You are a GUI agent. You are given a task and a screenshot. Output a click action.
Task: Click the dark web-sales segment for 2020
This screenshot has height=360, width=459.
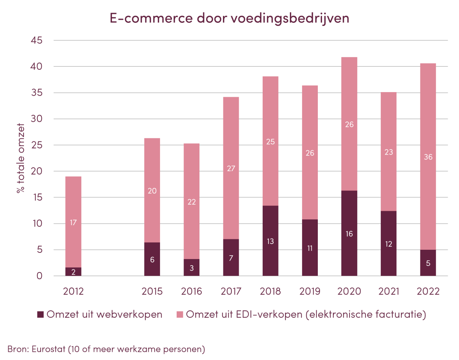[x=349, y=220]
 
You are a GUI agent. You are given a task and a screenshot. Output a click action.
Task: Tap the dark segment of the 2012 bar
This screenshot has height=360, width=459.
[x=73, y=272]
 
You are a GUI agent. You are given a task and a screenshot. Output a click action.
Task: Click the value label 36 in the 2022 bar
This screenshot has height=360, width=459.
[x=428, y=157]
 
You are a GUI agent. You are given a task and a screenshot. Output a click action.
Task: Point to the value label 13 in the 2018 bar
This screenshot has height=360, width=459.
[x=270, y=241]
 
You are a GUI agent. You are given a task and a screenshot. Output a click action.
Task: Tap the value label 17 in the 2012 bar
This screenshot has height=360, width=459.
[x=73, y=222]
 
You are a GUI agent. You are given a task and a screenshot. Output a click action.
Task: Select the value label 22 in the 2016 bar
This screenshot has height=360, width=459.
[x=191, y=202]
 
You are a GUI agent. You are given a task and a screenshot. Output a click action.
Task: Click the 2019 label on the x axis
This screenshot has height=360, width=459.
[x=310, y=291]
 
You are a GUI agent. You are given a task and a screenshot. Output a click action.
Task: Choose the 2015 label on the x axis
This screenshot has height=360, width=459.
[x=152, y=291]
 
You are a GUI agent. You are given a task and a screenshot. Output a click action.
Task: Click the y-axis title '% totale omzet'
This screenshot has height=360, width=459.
[x=20, y=158]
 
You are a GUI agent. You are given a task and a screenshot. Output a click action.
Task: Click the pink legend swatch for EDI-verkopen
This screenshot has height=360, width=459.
[x=179, y=315]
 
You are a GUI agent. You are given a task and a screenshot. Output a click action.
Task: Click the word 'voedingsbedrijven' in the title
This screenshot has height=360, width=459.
[x=288, y=19]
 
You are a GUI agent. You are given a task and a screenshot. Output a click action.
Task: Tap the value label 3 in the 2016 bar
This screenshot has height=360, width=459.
[x=191, y=268]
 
